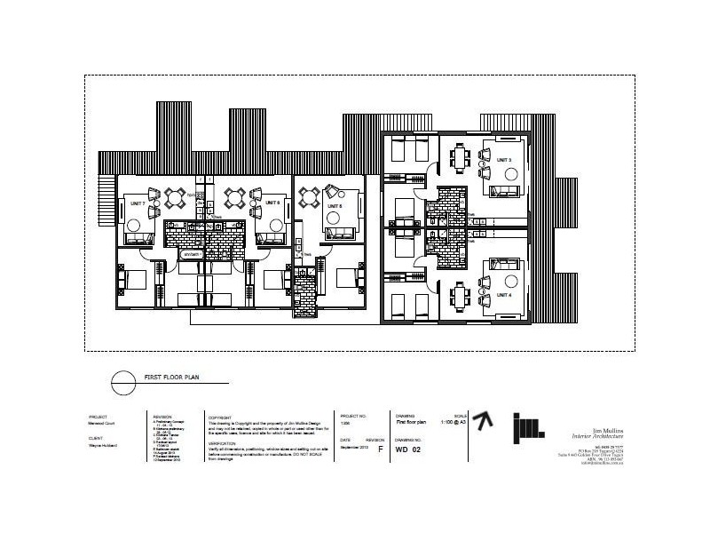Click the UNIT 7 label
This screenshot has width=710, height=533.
point(138,203)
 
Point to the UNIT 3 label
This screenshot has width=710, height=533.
point(504,159)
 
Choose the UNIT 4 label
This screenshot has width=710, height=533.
point(504,294)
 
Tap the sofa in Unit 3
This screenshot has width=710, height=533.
point(508,191)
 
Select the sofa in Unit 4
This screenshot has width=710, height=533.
point(508,263)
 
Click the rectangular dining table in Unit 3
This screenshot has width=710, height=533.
point(460,160)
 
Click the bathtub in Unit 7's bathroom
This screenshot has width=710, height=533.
point(193,255)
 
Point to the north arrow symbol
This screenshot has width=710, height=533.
point(482,423)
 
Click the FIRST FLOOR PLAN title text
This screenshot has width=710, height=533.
point(171,379)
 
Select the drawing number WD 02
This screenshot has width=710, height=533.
point(407,449)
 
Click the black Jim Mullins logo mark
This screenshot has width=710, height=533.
point(529,427)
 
